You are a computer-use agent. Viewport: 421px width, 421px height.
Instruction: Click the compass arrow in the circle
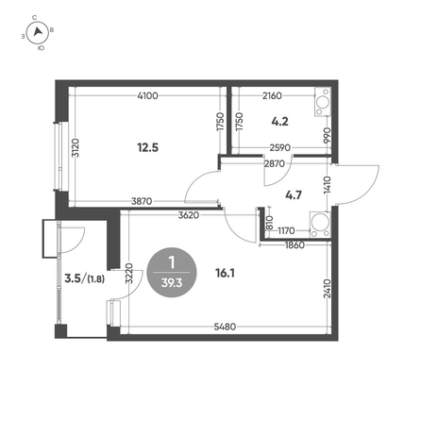coord(38,31)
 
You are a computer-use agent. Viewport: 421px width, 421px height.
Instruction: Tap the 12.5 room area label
coord(147,147)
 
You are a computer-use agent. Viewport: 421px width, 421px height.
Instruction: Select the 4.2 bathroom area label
coord(279,121)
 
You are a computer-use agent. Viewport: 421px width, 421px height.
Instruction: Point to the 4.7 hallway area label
coord(294,195)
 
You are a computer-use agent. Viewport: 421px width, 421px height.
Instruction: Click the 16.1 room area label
coord(225,273)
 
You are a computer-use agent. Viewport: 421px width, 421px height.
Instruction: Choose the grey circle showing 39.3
coord(172,273)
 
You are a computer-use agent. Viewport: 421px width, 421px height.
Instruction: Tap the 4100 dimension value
coord(147,95)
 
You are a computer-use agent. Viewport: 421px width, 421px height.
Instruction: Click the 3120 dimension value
coord(76,148)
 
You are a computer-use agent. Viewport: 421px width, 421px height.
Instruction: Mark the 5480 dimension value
coord(225,327)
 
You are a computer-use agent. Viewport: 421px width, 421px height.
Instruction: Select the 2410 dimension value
coord(328,289)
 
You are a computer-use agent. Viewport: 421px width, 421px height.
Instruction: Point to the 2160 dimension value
coord(272,95)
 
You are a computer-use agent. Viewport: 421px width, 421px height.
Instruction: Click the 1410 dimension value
coord(328,185)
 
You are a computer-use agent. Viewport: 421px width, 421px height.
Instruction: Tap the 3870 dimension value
coord(142,201)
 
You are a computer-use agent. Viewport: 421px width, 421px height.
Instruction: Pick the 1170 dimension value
coord(286,231)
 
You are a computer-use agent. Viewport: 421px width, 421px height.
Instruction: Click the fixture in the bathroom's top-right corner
coord(323,102)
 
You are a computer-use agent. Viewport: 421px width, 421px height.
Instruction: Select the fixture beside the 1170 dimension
coord(320,225)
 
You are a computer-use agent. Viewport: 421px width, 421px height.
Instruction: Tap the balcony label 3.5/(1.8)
coord(84,278)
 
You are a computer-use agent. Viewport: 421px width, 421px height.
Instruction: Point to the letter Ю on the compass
coord(41,48)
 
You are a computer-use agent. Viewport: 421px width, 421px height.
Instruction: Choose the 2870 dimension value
coord(275,163)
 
